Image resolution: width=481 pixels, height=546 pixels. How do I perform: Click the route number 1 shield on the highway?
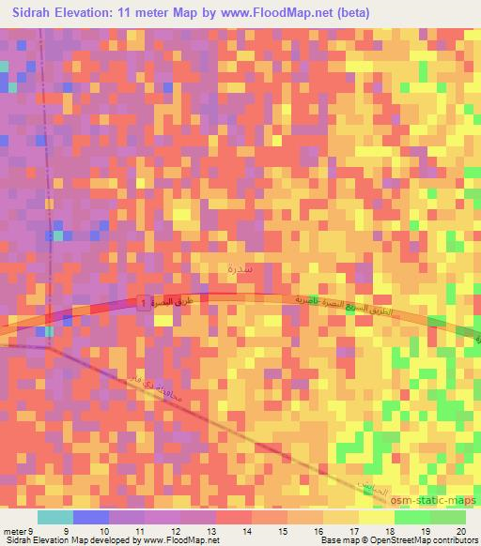tap(142, 303)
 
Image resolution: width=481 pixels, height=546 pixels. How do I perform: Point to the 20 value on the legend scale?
tap(459, 530)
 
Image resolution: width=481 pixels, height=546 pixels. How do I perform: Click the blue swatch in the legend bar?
tap(90, 517)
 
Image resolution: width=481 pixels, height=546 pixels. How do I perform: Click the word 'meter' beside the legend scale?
tap(18, 530)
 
